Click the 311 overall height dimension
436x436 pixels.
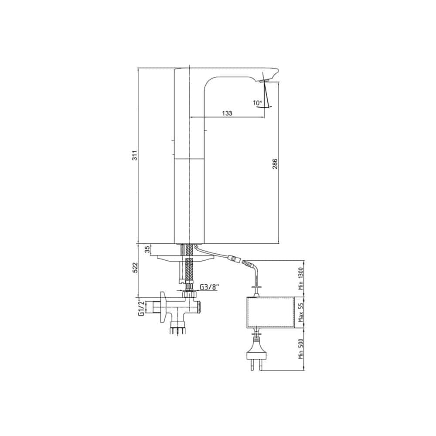coord(134,155)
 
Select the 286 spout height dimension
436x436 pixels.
coord(275,164)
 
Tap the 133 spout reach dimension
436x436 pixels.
coord(227,113)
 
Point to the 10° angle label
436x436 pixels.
coord(257,102)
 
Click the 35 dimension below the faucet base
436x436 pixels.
coord(148,249)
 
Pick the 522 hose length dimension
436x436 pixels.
coord(135,268)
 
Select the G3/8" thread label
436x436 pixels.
coord(210,287)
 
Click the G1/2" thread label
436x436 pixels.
coord(141,308)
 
